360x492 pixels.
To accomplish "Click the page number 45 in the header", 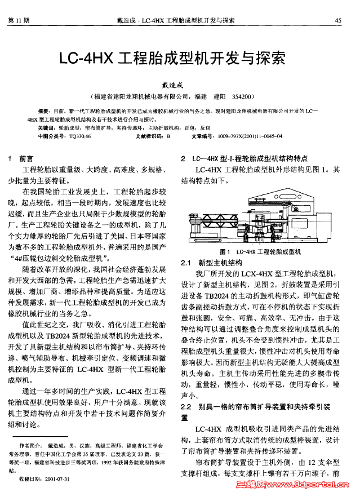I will (x=338, y=20).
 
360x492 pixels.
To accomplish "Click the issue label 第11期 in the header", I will (x=19, y=20).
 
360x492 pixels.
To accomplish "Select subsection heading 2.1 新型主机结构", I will (x=211, y=263).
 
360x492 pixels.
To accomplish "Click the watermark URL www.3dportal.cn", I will (x=315, y=485).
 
